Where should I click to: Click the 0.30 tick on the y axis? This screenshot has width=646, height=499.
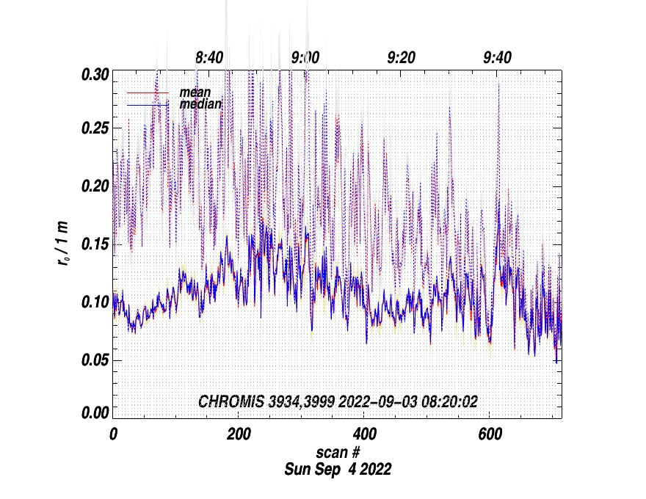coord(95,74)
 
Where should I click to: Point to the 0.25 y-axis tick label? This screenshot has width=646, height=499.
coord(95,129)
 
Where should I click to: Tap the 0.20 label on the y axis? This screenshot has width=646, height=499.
coord(95,186)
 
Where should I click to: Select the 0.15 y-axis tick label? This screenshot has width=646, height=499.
coord(95,244)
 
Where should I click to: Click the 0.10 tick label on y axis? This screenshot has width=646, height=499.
coord(95,302)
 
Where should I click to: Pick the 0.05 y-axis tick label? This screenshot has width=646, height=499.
coord(95,359)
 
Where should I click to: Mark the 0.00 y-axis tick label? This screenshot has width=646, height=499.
coord(95,413)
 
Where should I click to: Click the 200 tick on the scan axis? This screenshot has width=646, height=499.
coord(239,434)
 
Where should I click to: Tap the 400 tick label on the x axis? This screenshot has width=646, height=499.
coord(364,434)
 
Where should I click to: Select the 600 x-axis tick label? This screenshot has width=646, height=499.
coord(490,434)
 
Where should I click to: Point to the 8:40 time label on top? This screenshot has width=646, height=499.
coord(209,57)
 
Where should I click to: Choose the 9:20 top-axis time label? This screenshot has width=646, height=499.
coord(402,57)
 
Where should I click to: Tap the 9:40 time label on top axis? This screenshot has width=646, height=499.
coord(498,57)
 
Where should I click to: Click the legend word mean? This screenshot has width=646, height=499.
coord(195,92)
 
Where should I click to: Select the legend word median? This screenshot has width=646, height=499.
coord(200,104)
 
